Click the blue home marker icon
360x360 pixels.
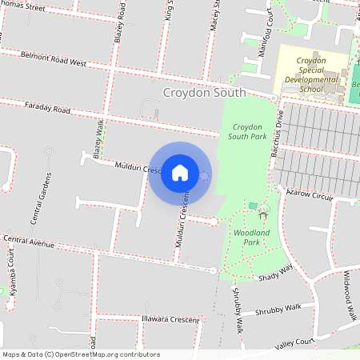(180, 172)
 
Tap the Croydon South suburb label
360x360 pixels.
(204, 93)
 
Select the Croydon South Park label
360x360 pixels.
(247, 132)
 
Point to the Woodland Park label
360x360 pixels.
(251, 237)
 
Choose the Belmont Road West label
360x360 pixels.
(54, 62)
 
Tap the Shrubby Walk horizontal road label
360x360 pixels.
(278, 309)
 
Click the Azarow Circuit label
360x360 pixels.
(310, 195)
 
